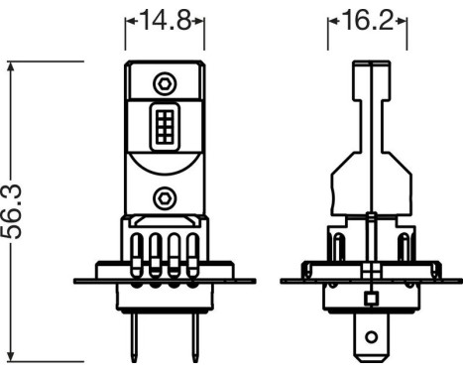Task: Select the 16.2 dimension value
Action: [x=369, y=21]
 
